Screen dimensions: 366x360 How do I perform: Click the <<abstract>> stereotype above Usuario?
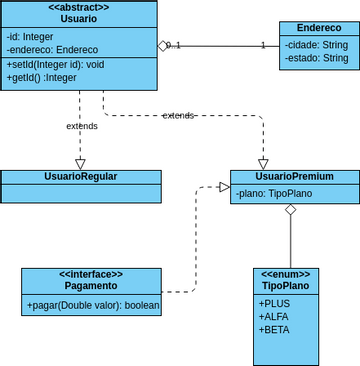(79, 8)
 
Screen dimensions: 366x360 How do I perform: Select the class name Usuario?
(79, 20)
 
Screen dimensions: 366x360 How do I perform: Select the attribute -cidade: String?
(315, 45)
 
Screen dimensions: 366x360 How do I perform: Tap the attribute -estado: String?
(315, 59)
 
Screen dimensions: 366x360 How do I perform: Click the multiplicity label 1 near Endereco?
(263, 45)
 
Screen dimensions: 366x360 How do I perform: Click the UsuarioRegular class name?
(80, 176)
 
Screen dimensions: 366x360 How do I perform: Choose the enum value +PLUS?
(275, 303)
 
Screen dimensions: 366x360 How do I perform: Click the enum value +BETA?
(275, 329)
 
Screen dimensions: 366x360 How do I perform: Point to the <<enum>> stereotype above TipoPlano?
(286, 274)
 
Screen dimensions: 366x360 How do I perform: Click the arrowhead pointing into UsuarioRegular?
(80, 163)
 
